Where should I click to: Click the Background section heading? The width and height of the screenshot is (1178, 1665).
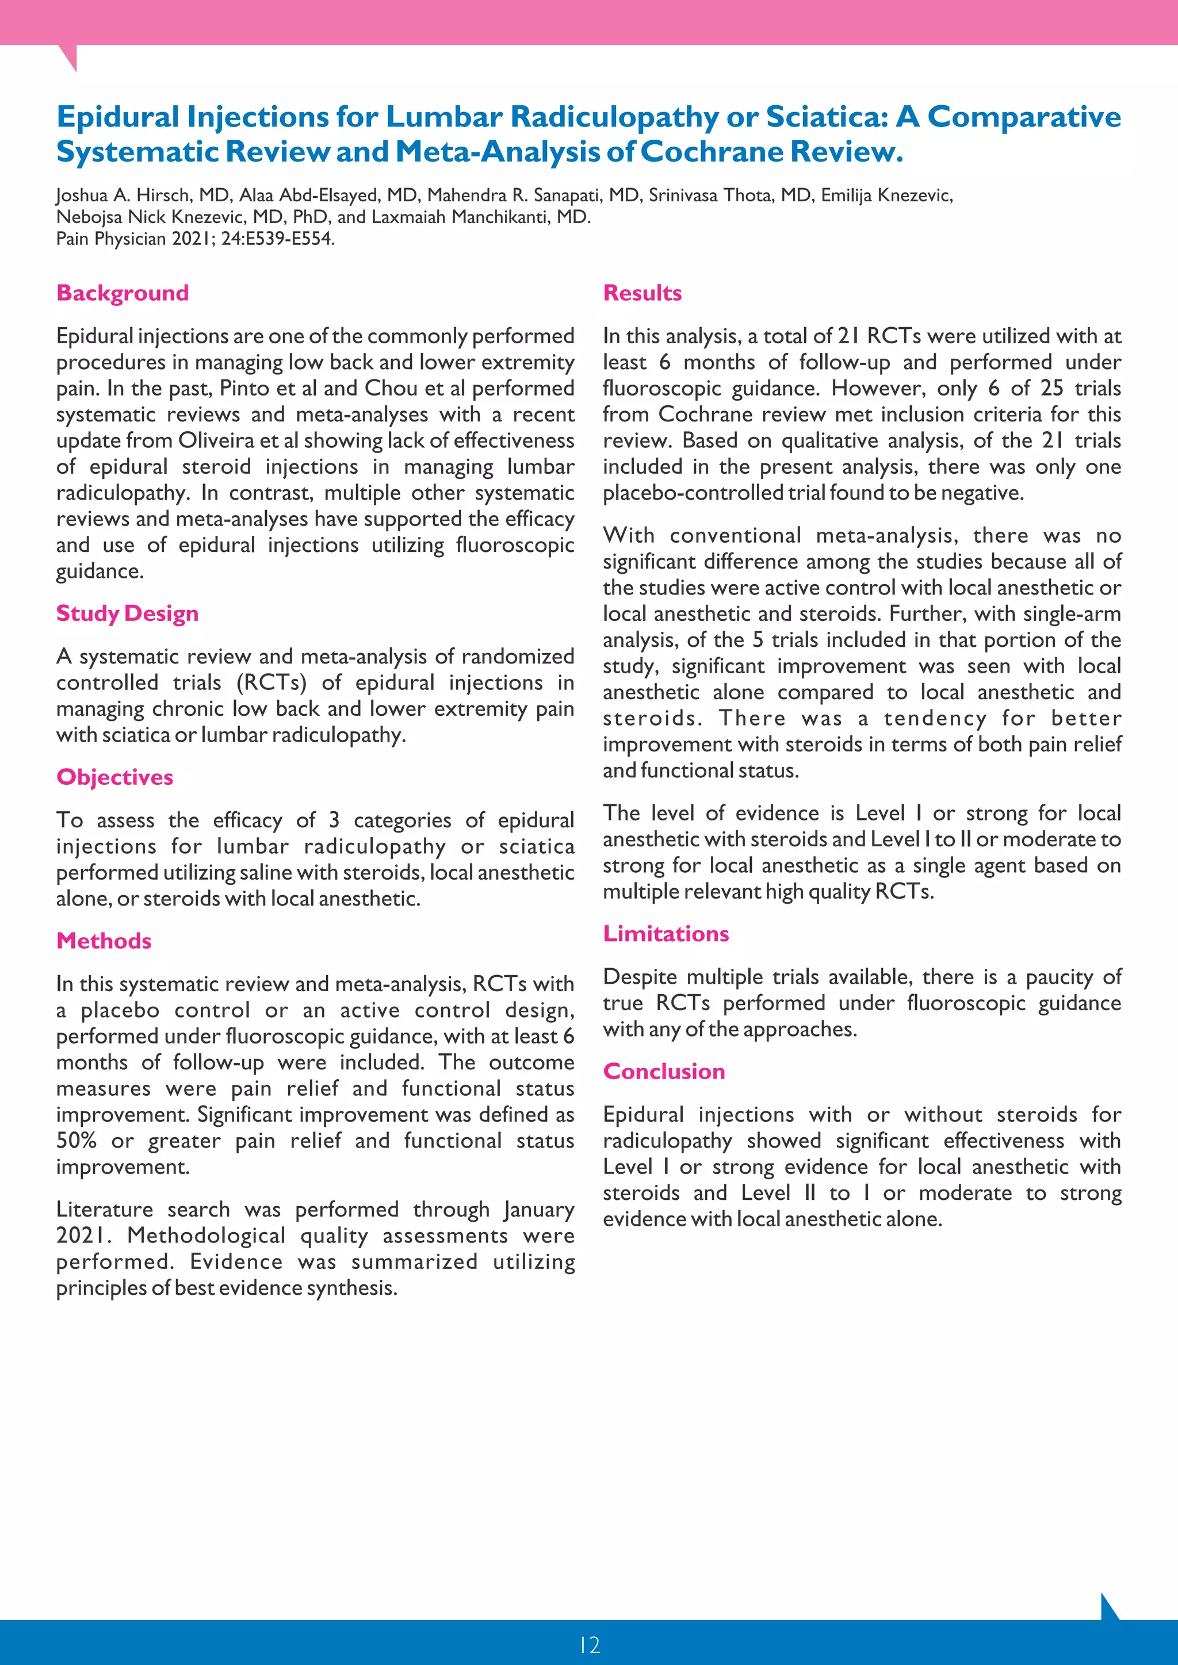123,293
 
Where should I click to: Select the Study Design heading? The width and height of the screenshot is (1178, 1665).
127,613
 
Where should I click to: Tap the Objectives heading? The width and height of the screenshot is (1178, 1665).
114,777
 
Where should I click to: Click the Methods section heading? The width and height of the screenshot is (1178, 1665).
104,941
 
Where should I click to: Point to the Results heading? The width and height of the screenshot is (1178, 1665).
642,293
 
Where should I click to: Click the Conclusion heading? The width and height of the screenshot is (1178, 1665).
664,1072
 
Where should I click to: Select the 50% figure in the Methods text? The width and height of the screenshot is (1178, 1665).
75,1141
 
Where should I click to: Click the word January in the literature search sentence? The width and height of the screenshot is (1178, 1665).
537,1210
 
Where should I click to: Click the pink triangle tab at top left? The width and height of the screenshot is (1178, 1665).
67,56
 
